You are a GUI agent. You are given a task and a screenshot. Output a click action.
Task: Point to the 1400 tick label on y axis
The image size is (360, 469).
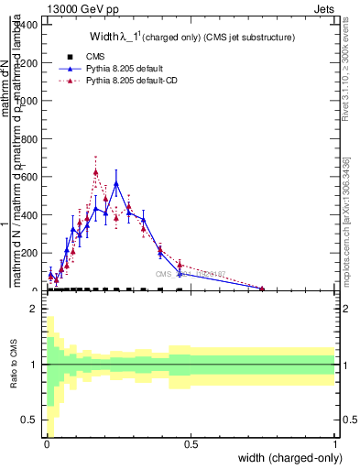[x=27, y=25]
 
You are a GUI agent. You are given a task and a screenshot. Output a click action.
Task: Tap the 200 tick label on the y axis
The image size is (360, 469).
[x=29, y=253]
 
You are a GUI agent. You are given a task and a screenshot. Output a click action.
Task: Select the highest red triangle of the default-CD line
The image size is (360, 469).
[x=95, y=171]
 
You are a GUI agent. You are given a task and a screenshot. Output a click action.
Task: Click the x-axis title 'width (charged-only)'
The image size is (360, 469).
[x=288, y=459]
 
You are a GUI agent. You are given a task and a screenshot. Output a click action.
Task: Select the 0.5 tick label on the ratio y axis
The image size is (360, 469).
[x=29, y=420]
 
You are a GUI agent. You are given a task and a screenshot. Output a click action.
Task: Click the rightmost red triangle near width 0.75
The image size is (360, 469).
[x=262, y=289]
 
